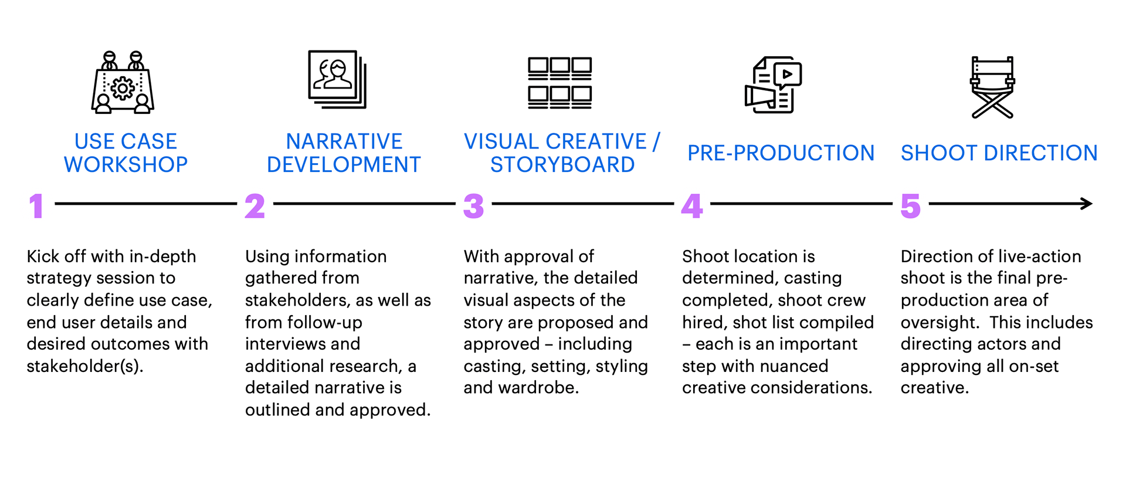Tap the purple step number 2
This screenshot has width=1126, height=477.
pyautogui.click(x=255, y=206)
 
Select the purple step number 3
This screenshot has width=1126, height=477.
pyautogui.click(x=474, y=206)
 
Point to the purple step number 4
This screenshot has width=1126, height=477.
pyautogui.click(x=692, y=206)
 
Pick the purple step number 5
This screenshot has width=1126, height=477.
pyautogui.click(x=911, y=206)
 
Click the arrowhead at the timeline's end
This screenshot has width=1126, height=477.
pyautogui.click(x=1087, y=204)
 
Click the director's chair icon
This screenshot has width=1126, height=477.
pyautogui.click(x=992, y=87)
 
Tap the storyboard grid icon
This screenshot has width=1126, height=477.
pyautogui.click(x=560, y=83)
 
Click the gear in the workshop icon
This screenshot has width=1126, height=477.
pyautogui.click(x=123, y=88)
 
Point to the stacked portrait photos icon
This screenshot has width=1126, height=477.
pyautogui.click(x=338, y=79)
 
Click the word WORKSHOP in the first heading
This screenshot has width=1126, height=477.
pyautogui.click(x=126, y=165)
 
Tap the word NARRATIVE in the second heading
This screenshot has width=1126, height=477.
pyautogui.click(x=344, y=141)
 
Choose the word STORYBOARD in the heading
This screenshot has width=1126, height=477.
pyautogui.click(x=562, y=165)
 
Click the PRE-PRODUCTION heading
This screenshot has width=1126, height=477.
pyautogui.click(x=781, y=153)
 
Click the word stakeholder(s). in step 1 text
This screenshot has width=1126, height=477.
pyautogui.click(x=85, y=366)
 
